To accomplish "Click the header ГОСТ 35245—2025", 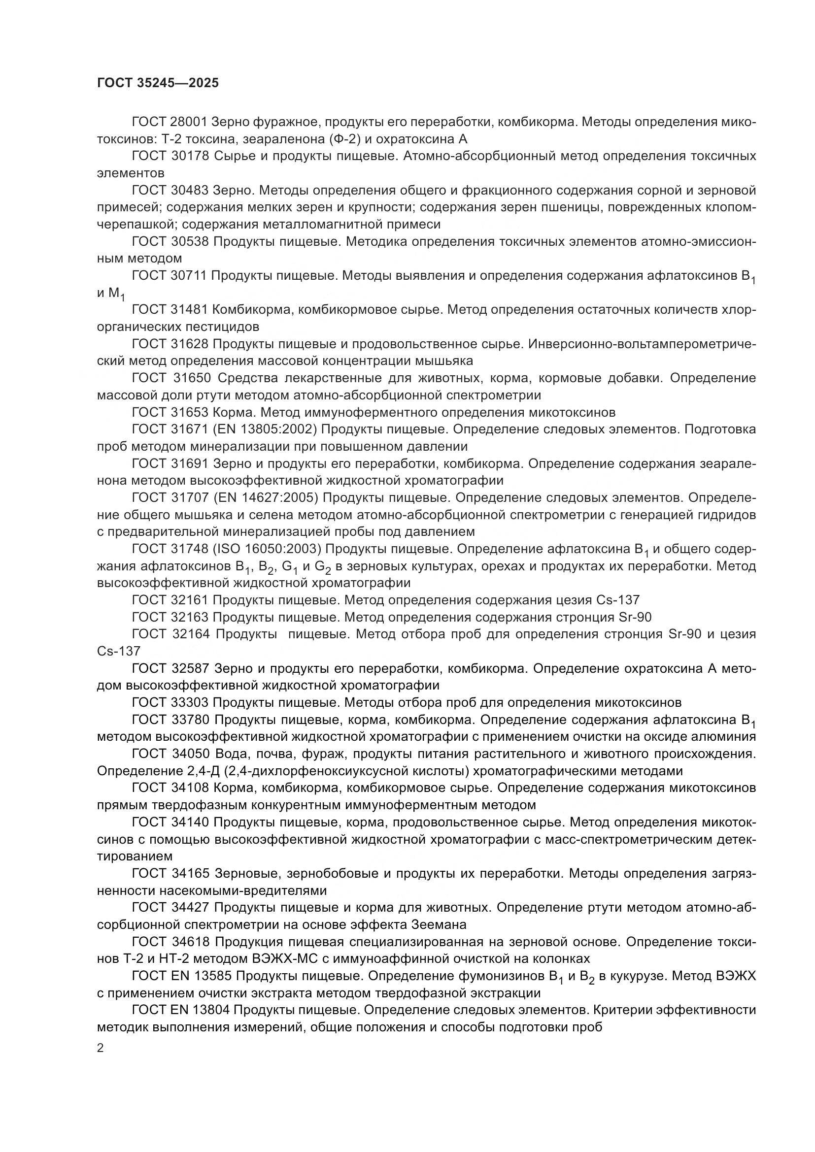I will pos(158,83).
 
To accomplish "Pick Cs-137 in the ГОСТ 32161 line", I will pos(618,599).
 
